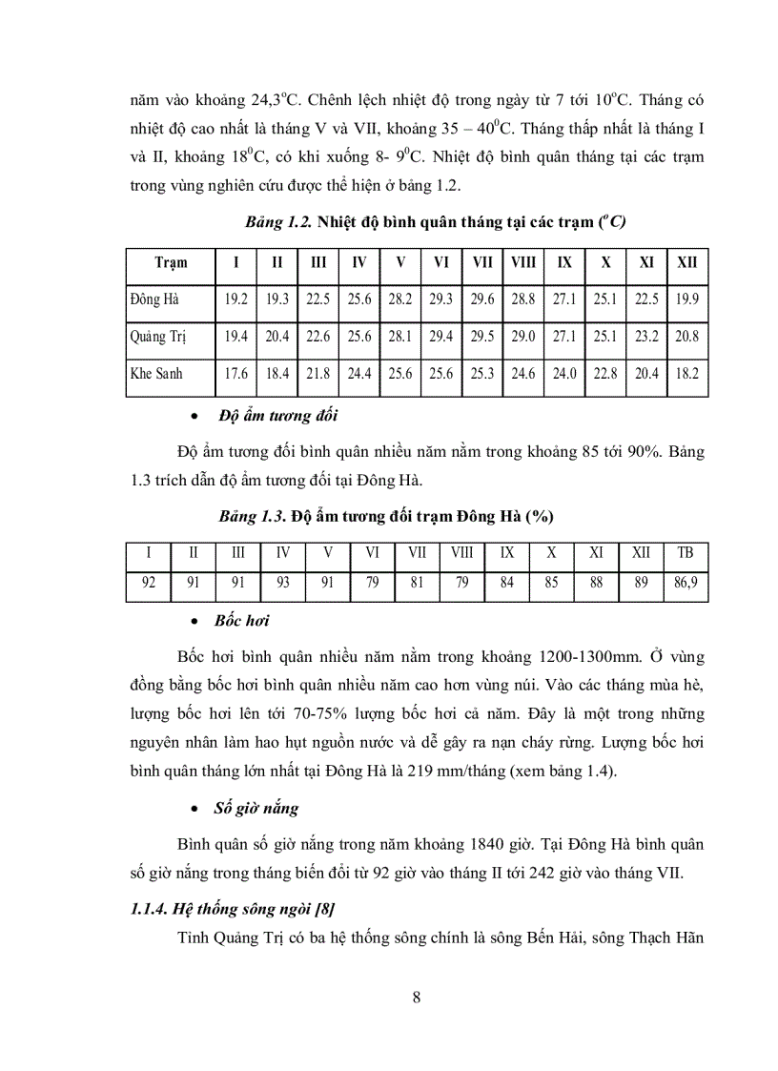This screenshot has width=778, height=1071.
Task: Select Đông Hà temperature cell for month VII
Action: coord(482,299)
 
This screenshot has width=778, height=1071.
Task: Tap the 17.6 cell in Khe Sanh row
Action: coord(236,374)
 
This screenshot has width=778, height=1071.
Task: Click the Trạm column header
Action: coord(171,262)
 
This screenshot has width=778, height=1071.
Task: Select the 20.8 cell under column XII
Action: coord(686,337)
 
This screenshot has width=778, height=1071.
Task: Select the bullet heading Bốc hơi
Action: coord(243,621)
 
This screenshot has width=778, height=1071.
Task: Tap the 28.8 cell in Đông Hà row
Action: coord(523,299)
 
